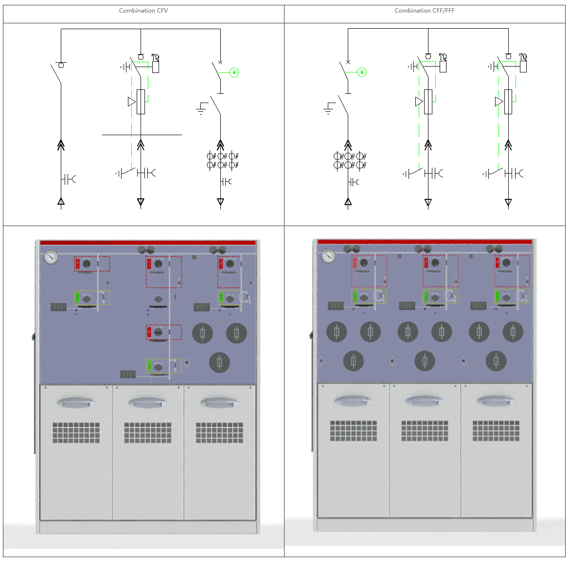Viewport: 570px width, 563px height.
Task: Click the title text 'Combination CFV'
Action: (143, 11)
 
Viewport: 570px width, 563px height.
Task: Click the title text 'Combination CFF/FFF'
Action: (424, 11)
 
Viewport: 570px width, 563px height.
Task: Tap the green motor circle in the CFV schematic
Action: (234, 72)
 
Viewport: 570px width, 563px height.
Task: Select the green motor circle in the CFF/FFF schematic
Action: (362, 72)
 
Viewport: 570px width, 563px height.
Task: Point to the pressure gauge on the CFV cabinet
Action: (51, 257)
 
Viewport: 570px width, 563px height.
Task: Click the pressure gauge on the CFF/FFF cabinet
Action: (328, 256)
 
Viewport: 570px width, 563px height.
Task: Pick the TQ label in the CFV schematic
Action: (155, 57)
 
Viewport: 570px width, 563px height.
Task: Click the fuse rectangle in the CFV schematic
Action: (141, 102)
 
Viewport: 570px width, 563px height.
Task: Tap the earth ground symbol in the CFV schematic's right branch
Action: (201, 109)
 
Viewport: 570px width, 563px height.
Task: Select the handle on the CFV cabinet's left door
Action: (76, 403)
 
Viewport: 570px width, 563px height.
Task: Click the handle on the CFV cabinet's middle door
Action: (147, 403)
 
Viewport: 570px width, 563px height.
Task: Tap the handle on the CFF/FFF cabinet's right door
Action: (496, 401)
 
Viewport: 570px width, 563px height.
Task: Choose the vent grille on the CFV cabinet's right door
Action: (219, 432)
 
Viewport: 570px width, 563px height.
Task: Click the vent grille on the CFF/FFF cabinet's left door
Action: (354, 431)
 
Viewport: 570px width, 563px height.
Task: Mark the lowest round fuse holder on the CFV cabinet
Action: (219, 362)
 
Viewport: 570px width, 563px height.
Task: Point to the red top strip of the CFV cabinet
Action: (147, 243)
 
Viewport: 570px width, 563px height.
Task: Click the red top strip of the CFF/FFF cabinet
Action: (424, 242)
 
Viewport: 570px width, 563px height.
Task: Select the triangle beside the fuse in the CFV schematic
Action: (131, 102)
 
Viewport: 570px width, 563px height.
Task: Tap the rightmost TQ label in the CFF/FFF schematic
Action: (523, 57)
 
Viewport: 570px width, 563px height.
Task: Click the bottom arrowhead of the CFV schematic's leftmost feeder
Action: (61, 201)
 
